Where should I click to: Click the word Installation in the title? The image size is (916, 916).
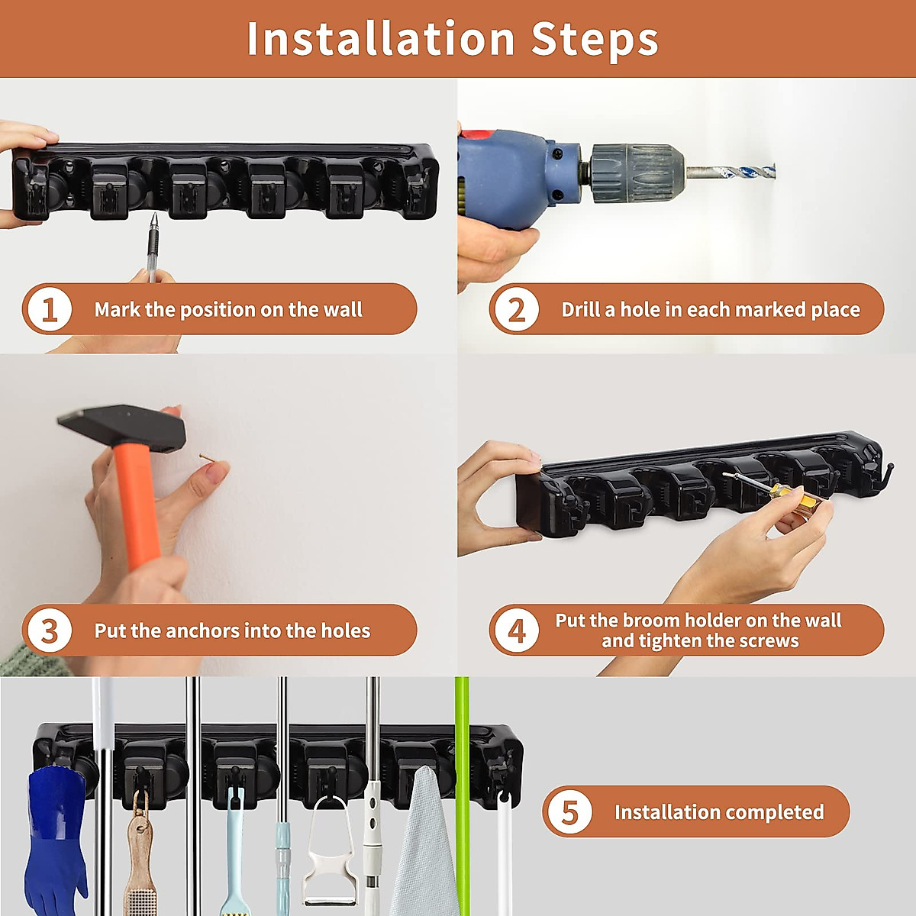380,39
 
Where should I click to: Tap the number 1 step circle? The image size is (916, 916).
50,309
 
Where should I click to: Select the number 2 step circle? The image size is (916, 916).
517,309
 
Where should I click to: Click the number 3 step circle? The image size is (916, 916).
50,631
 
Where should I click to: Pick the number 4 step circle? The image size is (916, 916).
517,631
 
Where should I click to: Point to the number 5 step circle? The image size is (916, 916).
569,812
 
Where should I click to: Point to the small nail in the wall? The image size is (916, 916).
206,457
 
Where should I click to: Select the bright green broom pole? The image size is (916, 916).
462,795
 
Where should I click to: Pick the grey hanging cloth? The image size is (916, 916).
424,843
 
